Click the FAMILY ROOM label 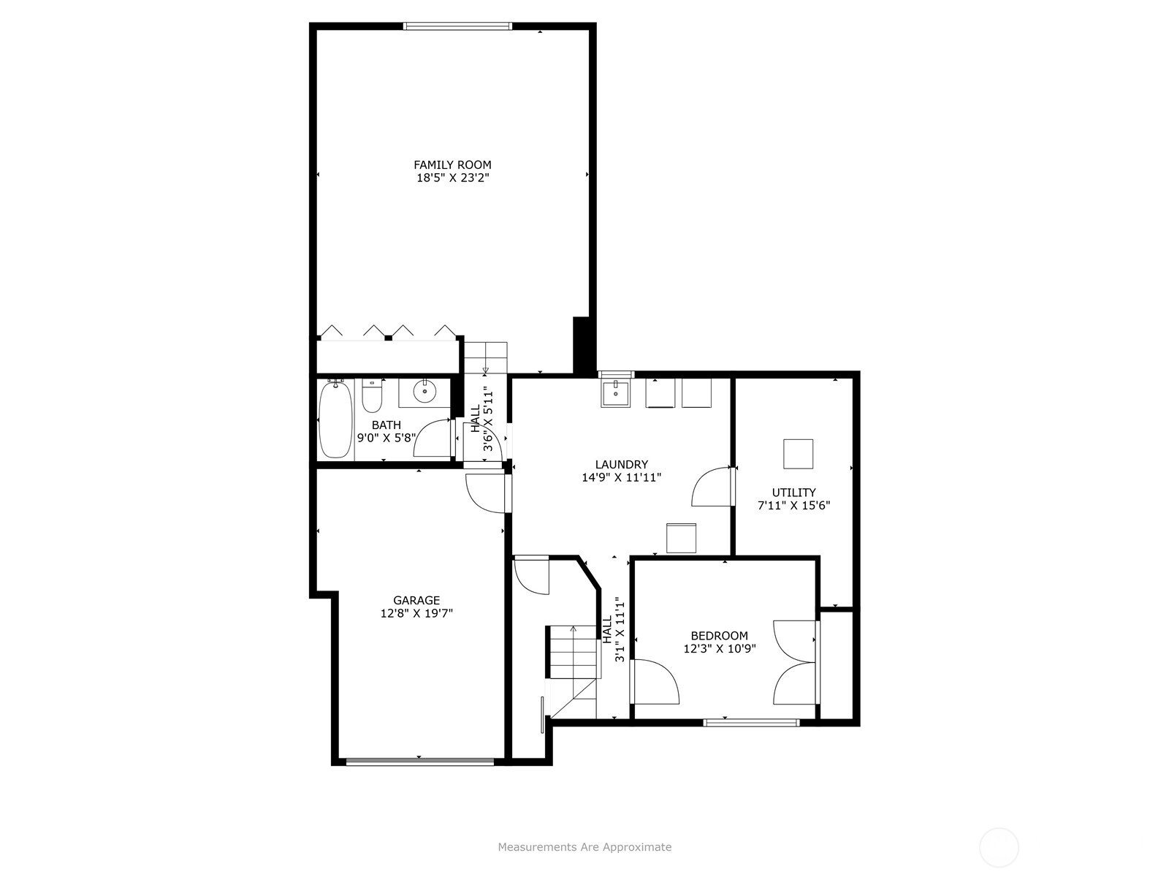pyautogui.click(x=452, y=165)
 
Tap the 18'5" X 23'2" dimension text pyautogui.click(x=453, y=178)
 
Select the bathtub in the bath pyautogui.click(x=335, y=419)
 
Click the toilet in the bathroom pyautogui.click(x=373, y=395)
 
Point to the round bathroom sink pyautogui.click(x=424, y=392)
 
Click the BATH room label pyautogui.click(x=386, y=425)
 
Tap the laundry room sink pyautogui.click(x=616, y=393)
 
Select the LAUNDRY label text pyautogui.click(x=622, y=464)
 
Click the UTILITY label pyautogui.click(x=793, y=493)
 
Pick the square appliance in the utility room pyautogui.click(x=798, y=454)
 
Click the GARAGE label pyautogui.click(x=416, y=600)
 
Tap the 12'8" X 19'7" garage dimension pyautogui.click(x=416, y=613)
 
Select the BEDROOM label pyautogui.click(x=719, y=636)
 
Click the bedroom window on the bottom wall pyautogui.click(x=751, y=723)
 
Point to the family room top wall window pyautogui.click(x=457, y=26)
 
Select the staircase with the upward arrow pyautogui.click(x=573, y=652)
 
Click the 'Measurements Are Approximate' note pyautogui.click(x=584, y=846)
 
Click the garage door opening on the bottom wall pyautogui.click(x=420, y=762)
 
